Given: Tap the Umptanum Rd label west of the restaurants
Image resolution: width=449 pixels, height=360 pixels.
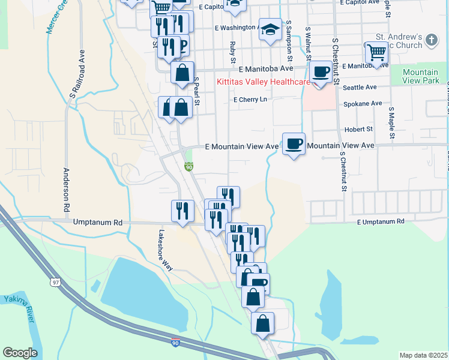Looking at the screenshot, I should coord(97,223).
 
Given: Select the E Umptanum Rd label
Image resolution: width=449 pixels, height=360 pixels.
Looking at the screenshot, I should coord(381,222).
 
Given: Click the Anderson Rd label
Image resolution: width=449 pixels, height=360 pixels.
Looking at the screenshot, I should coord(67,187).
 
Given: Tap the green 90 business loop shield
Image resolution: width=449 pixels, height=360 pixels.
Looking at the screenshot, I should coord(188,166).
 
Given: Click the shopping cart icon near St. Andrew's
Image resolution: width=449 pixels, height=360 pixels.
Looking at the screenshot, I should coord(376,52).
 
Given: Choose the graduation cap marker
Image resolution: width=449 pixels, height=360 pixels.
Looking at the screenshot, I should coord(271,29).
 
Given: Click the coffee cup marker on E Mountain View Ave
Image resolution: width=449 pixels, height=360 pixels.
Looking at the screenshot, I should coord(294,144).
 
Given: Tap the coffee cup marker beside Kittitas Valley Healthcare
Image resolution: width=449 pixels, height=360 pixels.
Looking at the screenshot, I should coord(321,71).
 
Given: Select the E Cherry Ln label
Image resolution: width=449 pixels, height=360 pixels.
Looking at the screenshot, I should coord(250,100).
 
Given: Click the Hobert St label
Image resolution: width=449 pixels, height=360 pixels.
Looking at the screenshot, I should coord(358,129).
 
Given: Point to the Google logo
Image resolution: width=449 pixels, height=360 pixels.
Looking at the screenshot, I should coord(20,353).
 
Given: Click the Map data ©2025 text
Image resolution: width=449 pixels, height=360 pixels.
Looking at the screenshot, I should coord(423,355).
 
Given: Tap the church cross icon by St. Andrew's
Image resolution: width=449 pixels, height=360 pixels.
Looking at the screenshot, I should coord(430,40).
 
